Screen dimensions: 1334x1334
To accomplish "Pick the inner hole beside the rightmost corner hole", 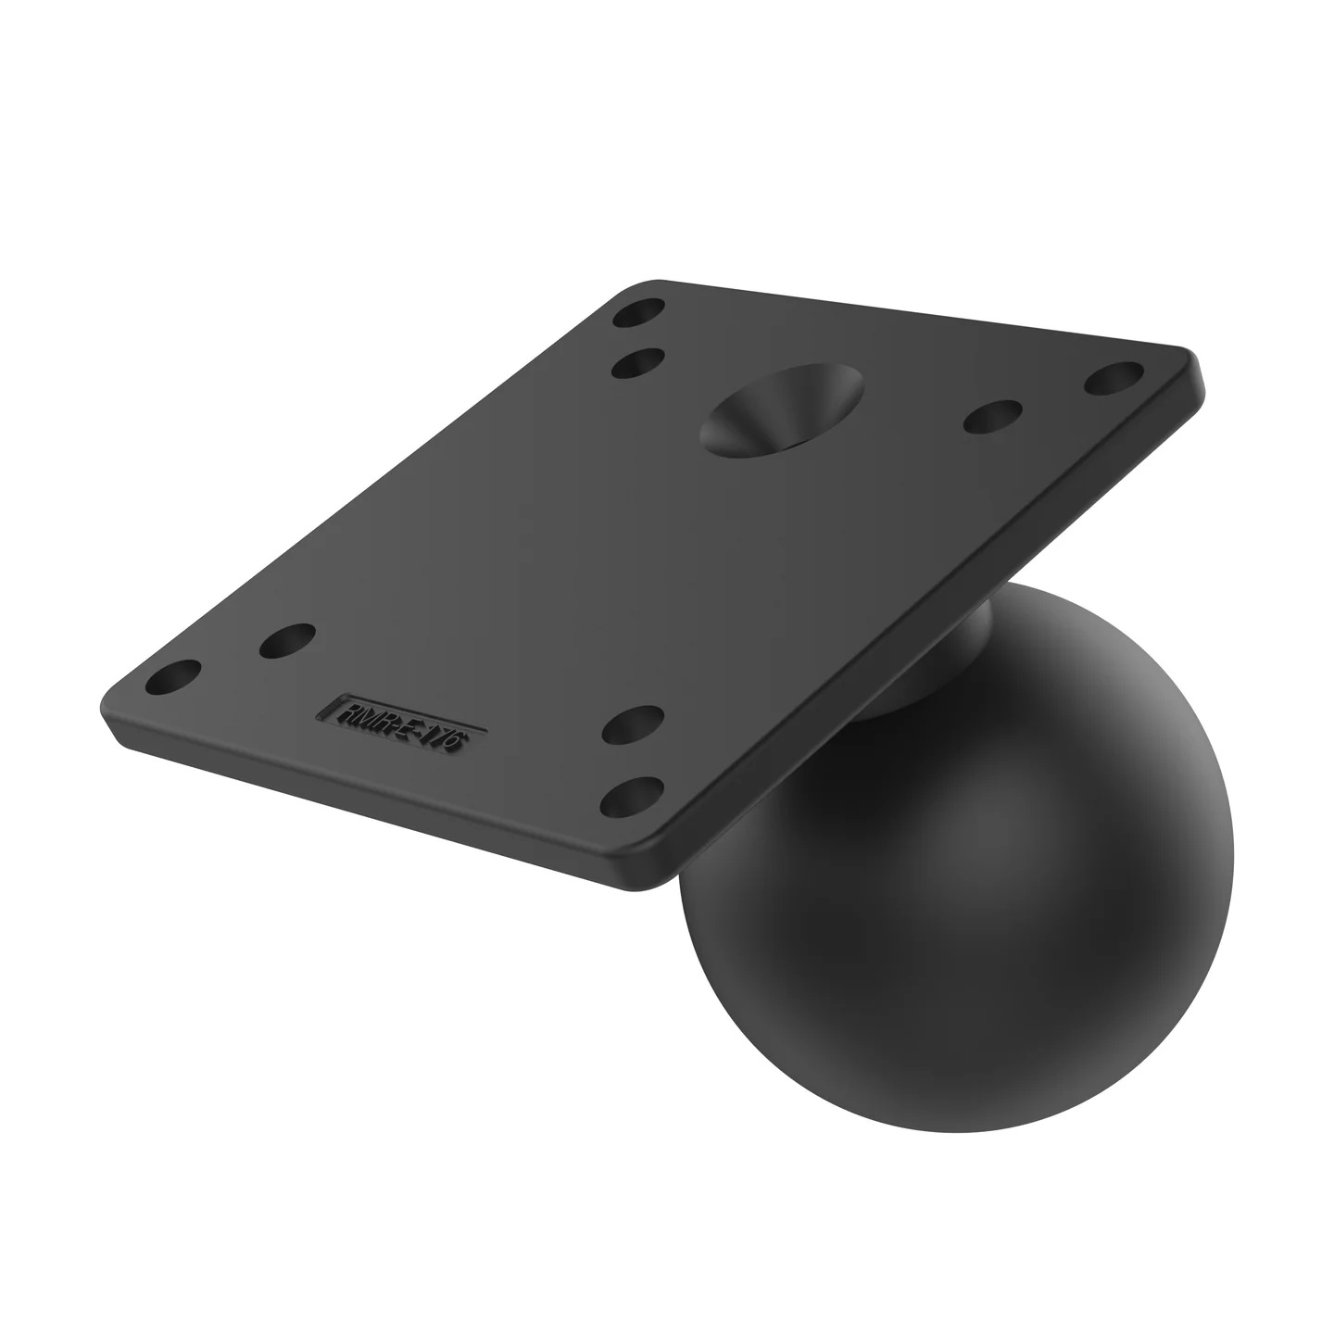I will coord(992,418).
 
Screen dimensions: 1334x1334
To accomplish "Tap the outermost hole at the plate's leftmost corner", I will coord(174,676).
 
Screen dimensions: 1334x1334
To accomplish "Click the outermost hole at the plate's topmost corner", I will coord(638,312).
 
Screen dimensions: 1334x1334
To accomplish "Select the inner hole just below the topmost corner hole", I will coord(638,362).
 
